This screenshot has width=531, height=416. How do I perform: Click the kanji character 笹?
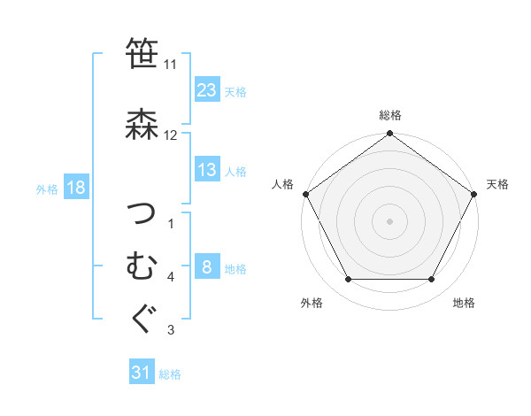tap(142, 54)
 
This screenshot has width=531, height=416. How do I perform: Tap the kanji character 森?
tap(142, 125)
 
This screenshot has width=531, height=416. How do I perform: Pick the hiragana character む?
tap(142, 265)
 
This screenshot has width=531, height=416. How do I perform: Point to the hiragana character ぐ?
tap(142, 318)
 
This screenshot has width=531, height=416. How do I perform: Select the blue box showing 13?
tap(206, 170)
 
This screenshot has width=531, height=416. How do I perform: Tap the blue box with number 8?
tap(206, 267)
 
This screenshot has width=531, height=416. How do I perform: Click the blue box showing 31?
tap(142, 374)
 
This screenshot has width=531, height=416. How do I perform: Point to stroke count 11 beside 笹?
tap(171, 65)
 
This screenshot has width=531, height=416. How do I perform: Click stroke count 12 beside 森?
tap(171, 135)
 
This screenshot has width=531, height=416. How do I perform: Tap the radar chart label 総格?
tap(389, 115)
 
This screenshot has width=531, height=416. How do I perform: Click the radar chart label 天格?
tap(497, 184)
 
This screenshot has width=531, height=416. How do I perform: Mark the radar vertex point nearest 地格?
tap(432, 280)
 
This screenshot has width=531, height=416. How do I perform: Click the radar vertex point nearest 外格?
tap(348, 280)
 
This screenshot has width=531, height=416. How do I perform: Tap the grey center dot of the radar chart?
tap(389, 220)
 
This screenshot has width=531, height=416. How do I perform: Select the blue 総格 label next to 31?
tap(170, 374)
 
